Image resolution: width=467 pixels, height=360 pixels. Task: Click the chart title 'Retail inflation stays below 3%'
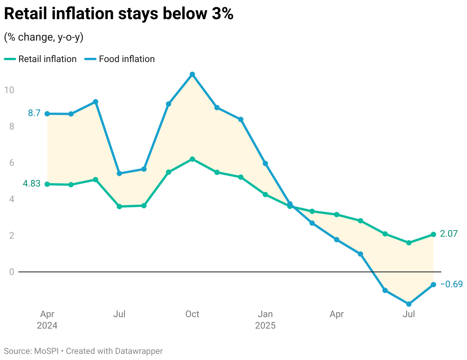(x=118, y=14)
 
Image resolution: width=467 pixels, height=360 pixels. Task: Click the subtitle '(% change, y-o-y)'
(x=44, y=37)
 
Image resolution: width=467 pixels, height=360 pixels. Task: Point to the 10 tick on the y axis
(x=9, y=90)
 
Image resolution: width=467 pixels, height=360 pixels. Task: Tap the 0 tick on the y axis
(x=11, y=272)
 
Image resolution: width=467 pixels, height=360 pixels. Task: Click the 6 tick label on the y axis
(x=11, y=163)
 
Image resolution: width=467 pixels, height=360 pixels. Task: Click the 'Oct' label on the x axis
(x=192, y=314)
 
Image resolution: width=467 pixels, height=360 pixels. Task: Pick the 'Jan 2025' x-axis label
(x=265, y=320)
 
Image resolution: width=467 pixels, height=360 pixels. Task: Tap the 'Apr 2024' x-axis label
(x=47, y=320)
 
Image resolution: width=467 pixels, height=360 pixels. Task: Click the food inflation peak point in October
(x=192, y=74)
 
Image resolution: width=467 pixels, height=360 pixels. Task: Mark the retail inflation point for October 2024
(x=192, y=159)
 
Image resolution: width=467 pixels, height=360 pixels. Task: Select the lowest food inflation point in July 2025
(x=409, y=304)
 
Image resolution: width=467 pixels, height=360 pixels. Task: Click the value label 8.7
(x=34, y=113)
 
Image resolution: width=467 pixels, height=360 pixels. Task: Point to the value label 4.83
(x=31, y=184)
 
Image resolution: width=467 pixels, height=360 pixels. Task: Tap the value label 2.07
(x=449, y=234)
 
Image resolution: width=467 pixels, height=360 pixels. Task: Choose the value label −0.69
(x=451, y=284)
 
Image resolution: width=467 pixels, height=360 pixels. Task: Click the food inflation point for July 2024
(x=119, y=173)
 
